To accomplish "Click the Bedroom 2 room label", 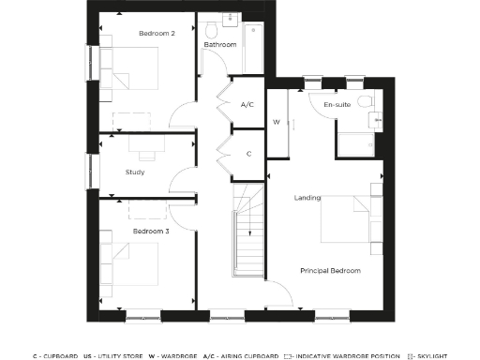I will tap(157, 35).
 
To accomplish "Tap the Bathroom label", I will tap(219, 44).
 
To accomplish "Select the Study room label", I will tap(134, 172).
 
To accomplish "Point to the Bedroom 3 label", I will tap(150, 231).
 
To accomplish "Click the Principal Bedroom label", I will tap(330, 271).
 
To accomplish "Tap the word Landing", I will tap(307, 198).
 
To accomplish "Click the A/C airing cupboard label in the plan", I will tap(248, 104).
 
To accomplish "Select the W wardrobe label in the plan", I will tap(277, 122).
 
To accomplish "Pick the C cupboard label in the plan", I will tap(248, 154).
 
